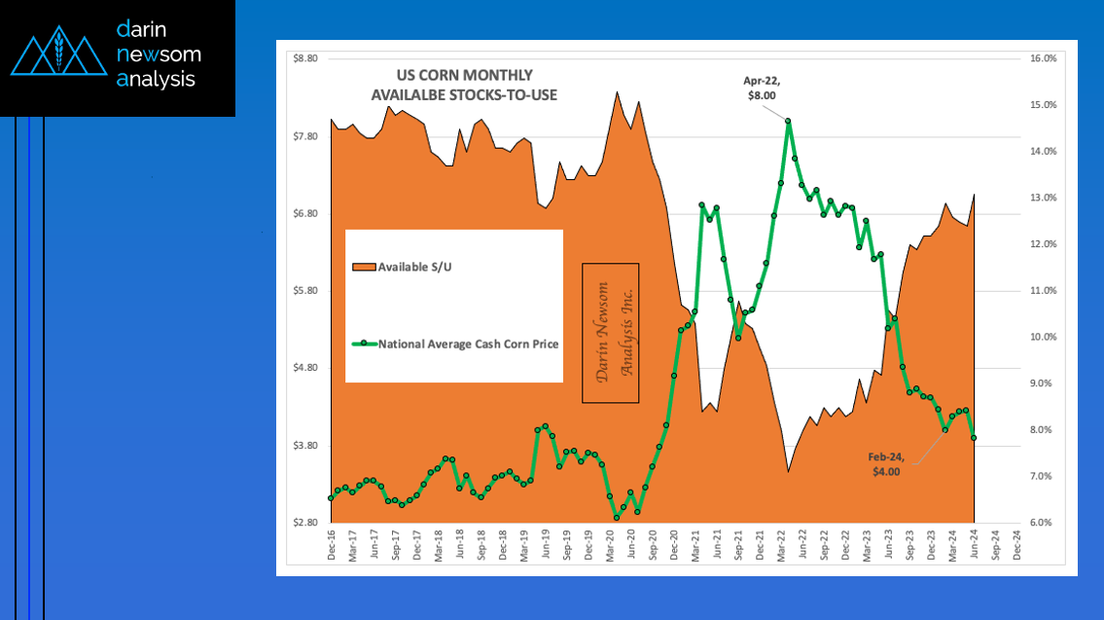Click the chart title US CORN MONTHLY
click(x=464, y=76)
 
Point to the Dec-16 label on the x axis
click(x=332, y=549)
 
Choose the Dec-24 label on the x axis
click(x=1017, y=549)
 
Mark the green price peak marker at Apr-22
click(x=788, y=121)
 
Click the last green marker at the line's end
click(x=974, y=438)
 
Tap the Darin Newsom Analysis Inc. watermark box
click(x=611, y=333)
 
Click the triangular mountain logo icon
click(x=57, y=56)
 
